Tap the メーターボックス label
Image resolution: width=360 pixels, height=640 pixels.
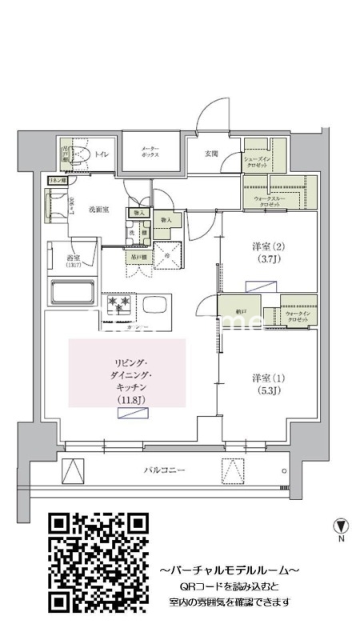150,152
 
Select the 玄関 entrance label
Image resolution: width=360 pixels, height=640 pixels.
211,154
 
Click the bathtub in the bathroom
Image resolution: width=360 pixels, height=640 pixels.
74,293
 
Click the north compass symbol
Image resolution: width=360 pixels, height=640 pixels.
342,526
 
